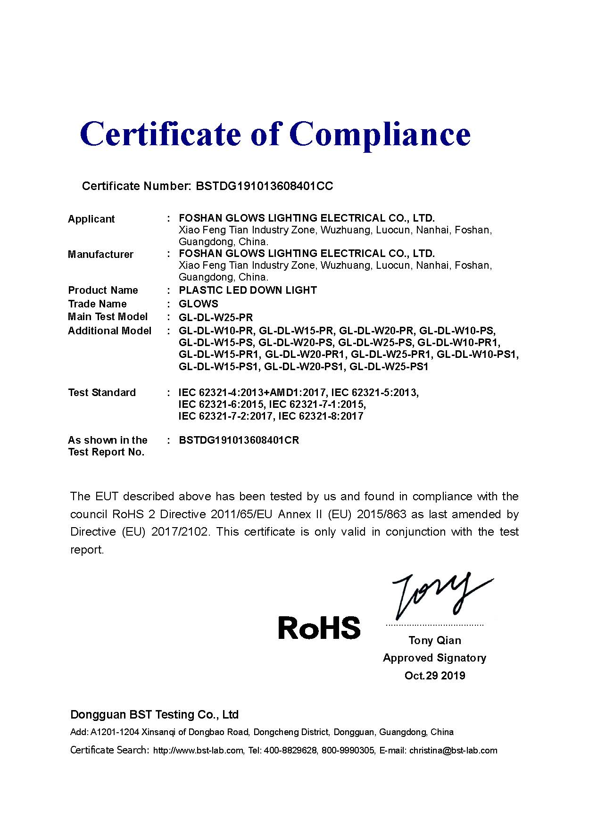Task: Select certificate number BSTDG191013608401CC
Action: click(264, 186)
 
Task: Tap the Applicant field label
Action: click(91, 219)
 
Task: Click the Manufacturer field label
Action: click(100, 255)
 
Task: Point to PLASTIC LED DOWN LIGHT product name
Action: click(248, 290)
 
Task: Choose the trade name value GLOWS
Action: click(199, 304)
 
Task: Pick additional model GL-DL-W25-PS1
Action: click(389, 367)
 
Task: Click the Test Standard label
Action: click(102, 393)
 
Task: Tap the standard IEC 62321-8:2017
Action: click(321, 416)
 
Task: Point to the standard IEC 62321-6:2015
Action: click(222, 405)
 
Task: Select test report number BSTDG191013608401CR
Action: click(239, 440)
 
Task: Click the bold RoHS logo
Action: click(319, 628)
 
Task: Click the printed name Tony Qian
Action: click(435, 640)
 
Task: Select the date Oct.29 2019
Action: click(435, 676)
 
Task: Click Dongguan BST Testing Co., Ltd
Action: click(154, 715)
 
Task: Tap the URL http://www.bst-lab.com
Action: click(198, 751)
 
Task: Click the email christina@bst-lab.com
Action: click(453, 751)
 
